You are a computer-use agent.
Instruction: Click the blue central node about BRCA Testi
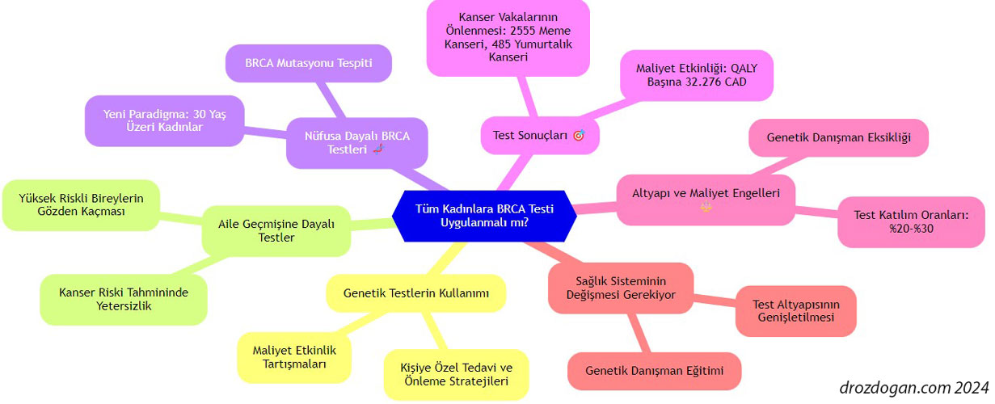click(x=484, y=216)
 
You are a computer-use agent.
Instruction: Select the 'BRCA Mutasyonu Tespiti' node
click(x=309, y=63)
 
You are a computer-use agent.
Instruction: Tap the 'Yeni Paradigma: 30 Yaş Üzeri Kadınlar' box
click(x=164, y=120)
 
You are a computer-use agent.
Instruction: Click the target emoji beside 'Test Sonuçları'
click(x=579, y=135)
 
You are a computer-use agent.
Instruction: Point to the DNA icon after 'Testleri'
click(x=378, y=149)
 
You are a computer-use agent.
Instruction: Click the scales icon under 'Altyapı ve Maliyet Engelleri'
click(x=706, y=207)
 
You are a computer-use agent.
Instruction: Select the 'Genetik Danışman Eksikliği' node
click(x=839, y=137)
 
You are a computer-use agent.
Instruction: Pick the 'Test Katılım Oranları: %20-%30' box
click(x=911, y=222)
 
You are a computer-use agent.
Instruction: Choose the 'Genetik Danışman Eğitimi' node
click(x=654, y=371)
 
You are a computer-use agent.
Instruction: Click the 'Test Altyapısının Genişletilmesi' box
click(x=796, y=311)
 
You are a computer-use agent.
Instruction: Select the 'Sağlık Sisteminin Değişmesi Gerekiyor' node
click(x=621, y=288)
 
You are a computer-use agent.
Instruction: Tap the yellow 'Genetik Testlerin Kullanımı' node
click(x=416, y=293)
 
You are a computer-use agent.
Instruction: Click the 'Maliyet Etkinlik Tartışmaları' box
click(x=294, y=357)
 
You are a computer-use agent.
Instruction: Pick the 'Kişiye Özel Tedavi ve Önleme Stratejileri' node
click(x=456, y=374)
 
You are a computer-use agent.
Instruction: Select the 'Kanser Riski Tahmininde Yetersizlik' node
click(x=124, y=299)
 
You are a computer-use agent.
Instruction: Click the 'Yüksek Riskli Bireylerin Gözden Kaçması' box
click(x=81, y=204)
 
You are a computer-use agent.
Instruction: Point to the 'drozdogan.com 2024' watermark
click(x=913, y=388)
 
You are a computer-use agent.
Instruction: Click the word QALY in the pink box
click(x=744, y=69)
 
